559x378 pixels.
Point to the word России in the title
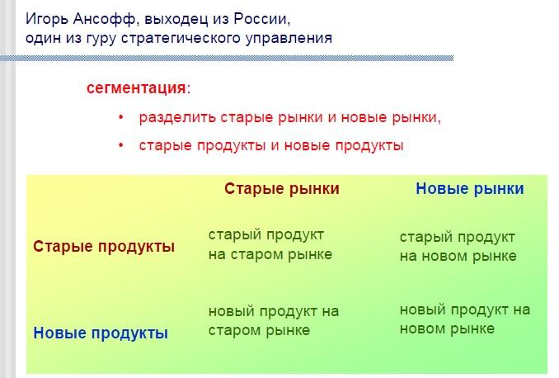pyautogui.click(x=261, y=19)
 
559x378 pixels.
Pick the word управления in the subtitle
pyautogui.click(x=289, y=39)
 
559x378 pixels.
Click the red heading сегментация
pyautogui.click(x=136, y=87)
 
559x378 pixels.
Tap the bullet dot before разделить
pyautogui.click(x=121, y=117)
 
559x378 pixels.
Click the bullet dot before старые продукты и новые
pyautogui.click(x=121, y=145)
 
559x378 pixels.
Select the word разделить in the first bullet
pyautogui.click(x=177, y=117)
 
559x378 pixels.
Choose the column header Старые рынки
pyautogui.click(x=282, y=189)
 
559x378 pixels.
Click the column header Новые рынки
pyautogui.click(x=470, y=189)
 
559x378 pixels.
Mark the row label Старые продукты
pyautogui.click(x=104, y=247)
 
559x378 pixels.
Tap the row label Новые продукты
pyautogui.click(x=101, y=333)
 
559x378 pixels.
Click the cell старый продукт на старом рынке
pyautogui.click(x=270, y=245)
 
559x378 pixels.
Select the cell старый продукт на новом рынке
pyautogui.click(x=458, y=247)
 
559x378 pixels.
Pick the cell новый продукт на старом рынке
pyautogui.click(x=274, y=321)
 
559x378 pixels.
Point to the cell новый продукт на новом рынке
pyautogui.click(x=465, y=319)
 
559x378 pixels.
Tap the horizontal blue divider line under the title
pyautogui.click(x=227, y=58)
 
